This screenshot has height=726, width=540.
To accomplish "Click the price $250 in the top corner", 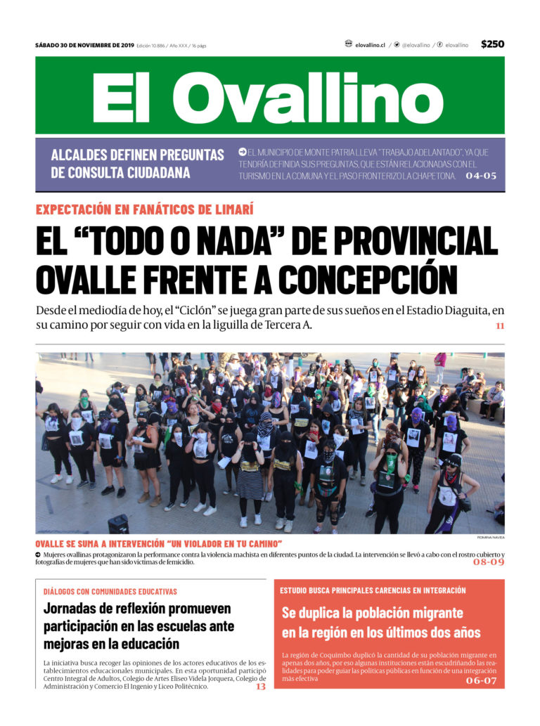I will pos(492,44).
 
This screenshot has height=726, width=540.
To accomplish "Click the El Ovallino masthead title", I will pos(269,96).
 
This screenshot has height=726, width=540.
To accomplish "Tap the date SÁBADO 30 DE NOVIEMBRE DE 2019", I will pos(84,45).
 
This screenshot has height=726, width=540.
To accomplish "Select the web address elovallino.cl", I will pos(370,45).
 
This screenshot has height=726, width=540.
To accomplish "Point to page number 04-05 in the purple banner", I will pos(481,176).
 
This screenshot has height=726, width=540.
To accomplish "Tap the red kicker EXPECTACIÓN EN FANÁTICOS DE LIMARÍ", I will pos(145,209).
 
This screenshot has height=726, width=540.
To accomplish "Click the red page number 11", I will pos(499,326).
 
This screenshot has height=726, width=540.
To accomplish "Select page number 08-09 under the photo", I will pos(488,562).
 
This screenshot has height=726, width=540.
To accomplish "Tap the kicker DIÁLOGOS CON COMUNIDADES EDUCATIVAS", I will pos(110,591).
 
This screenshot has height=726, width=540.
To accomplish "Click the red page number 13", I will pos(260,687).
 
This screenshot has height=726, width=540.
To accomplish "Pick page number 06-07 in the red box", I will pos(481,680).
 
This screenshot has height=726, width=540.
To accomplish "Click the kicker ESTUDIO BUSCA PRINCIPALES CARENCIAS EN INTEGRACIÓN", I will pos(373,590).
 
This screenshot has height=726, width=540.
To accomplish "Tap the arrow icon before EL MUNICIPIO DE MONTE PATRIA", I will pos(242,151).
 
